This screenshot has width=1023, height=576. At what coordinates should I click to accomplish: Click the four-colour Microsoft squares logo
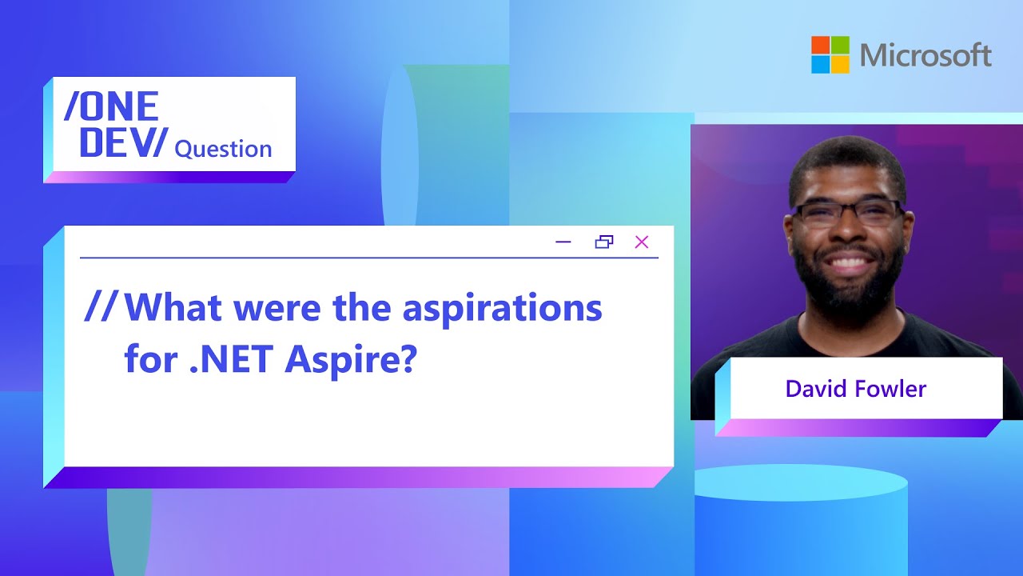coord(830,54)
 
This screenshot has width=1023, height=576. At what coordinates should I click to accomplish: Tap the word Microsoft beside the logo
coord(925,55)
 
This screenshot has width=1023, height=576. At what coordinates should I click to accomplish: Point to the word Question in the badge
coord(223,149)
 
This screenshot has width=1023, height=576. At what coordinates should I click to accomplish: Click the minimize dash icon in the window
coord(563,242)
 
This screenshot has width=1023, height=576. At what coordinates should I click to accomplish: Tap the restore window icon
coord(604,242)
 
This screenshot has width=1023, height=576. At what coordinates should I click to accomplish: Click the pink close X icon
coord(642,242)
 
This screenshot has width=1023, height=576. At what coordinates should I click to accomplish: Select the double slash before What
coord(102,306)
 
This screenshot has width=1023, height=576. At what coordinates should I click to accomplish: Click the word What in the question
coord(173,307)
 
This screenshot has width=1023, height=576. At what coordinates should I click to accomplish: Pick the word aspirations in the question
coord(502,310)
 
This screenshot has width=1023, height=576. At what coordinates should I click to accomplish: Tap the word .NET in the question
coord(231,359)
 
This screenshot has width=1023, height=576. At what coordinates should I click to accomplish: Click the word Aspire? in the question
coord(351,361)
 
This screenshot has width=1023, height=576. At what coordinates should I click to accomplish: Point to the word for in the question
coord(151,358)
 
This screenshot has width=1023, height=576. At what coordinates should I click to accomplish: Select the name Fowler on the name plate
coord(890,389)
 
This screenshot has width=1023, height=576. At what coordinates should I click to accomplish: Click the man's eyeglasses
coord(848,214)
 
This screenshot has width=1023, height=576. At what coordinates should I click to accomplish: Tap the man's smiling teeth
coord(849,263)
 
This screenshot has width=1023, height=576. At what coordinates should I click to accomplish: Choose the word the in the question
coord(362,307)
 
